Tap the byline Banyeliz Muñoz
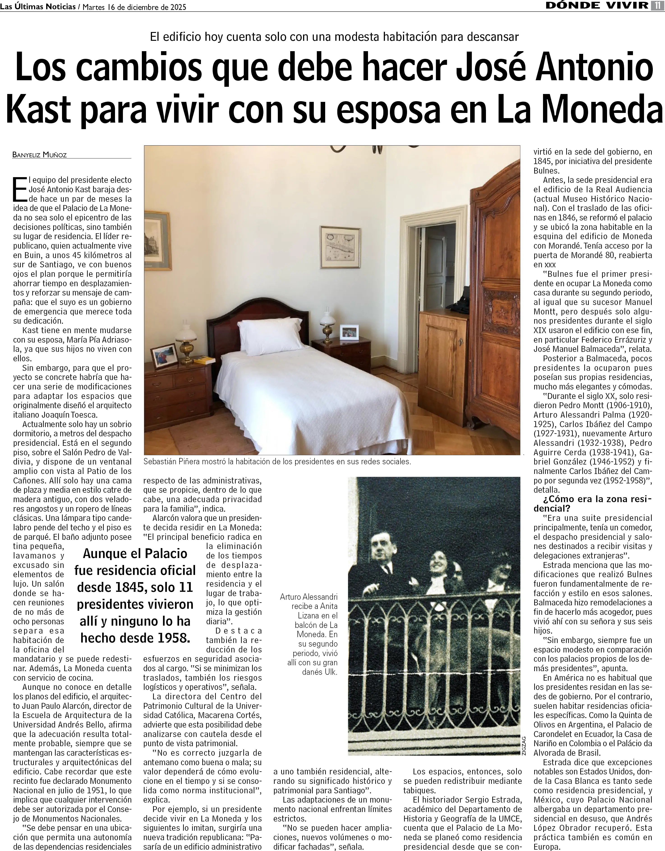(x=40, y=155)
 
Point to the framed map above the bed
(x=340, y=247)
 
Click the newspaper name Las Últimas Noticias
(x=38, y=6)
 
